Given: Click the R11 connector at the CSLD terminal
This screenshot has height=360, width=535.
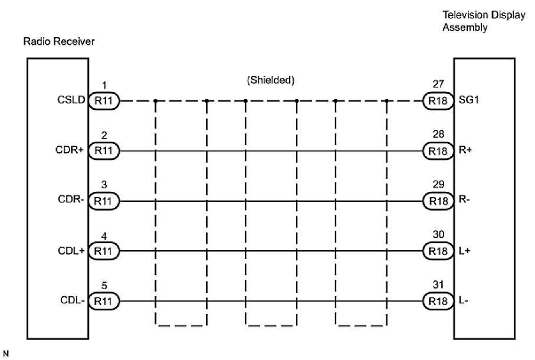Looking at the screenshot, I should click(x=104, y=101).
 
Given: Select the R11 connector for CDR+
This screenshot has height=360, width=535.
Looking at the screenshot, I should click(x=104, y=151).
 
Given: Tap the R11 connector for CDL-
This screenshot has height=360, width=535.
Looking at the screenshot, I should click(x=104, y=302).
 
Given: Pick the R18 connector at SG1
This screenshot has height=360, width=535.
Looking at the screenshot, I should click(x=438, y=101).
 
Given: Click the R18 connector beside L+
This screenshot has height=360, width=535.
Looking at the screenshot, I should click(x=438, y=251).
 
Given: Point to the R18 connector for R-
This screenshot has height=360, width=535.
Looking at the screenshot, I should click(x=438, y=201).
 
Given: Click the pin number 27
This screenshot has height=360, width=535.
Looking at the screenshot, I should click(x=438, y=84).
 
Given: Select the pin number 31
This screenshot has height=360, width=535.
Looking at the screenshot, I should click(x=438, y=285).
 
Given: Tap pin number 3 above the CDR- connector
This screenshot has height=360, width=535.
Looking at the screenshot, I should click(x=104, y=185).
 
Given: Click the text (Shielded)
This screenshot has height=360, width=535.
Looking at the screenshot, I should click(x=270, y=80).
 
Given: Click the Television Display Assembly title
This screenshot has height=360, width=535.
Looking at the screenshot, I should click(x=484, y=21).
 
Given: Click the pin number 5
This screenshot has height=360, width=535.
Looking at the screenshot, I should click(x=104, y=285).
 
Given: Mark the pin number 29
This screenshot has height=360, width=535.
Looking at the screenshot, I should click(x=438, y=185).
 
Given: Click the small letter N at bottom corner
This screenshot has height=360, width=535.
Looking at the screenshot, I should click(x=5, y=354).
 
